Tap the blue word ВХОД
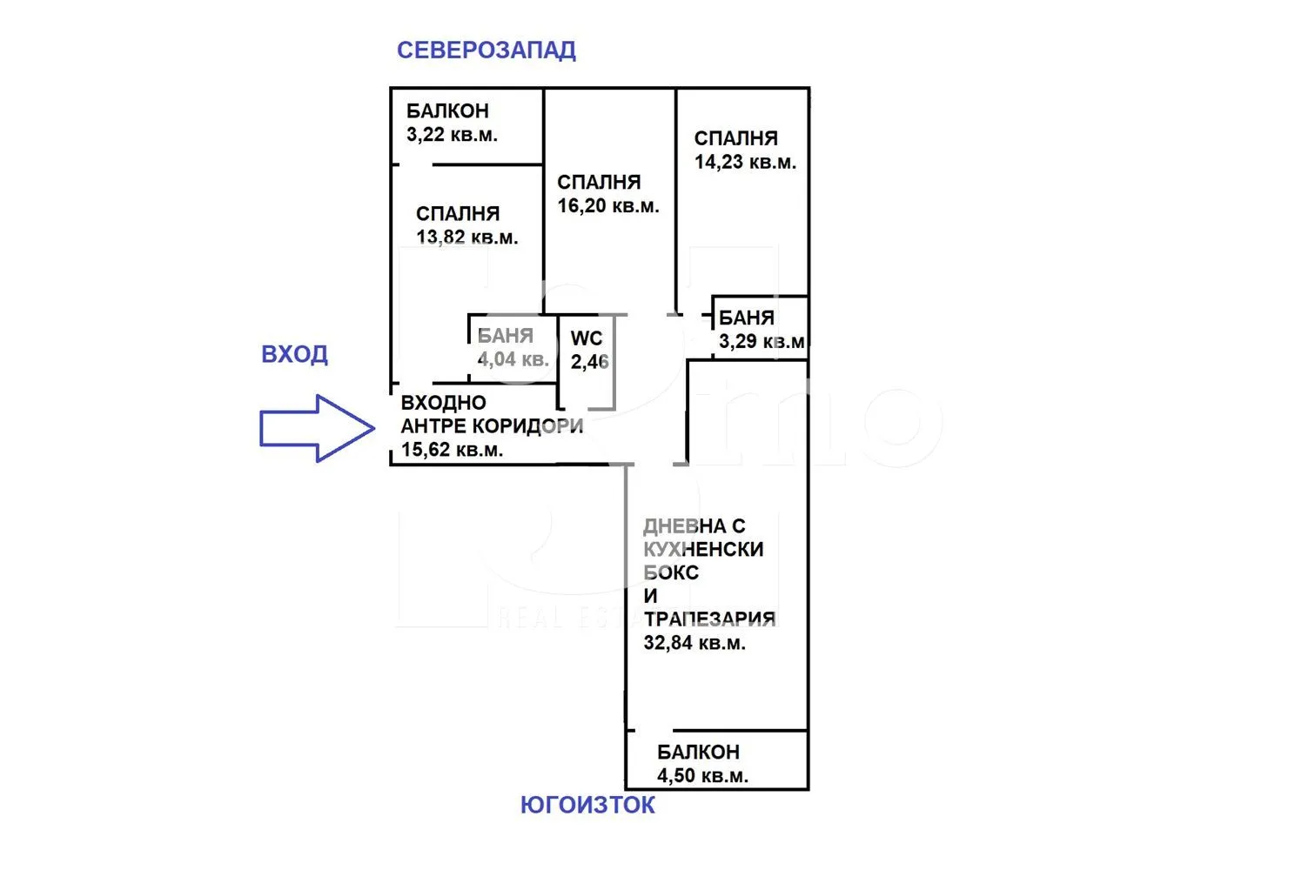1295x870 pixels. point(294,355)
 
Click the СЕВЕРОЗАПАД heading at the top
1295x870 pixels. point(486,50)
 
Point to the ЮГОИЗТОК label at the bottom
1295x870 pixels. point(587,805)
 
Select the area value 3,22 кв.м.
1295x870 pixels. point(452,135)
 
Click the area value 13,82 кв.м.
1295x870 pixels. point(466,238)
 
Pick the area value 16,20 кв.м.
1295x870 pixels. point(608,206)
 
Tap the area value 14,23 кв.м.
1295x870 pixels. point(745,162)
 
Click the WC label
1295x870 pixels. point(587,338)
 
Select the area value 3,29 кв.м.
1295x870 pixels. point(762,341)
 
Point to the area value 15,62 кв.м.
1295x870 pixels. point(452,450)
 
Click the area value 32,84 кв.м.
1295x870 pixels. point(694,643)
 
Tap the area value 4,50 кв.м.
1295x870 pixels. point(702,775)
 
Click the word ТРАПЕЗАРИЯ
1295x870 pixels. point(709,619)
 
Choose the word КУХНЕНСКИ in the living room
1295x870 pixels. point(703,549)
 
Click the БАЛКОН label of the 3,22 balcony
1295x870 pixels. point(447,111)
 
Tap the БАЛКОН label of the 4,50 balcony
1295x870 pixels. point(698,752)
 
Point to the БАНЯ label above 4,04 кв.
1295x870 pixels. point(505,336)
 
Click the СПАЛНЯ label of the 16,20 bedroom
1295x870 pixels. point(599,183)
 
